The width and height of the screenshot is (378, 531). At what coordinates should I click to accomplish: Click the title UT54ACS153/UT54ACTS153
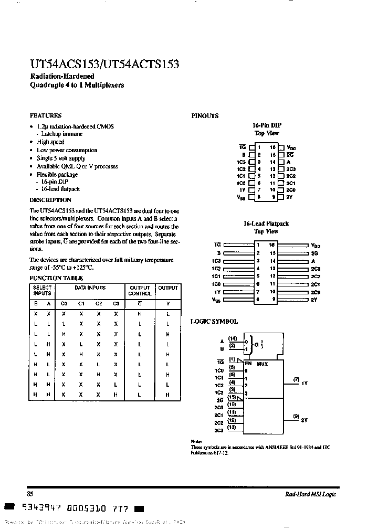[x=104, y=65]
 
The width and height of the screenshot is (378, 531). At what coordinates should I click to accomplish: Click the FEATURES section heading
[x=45, y=115]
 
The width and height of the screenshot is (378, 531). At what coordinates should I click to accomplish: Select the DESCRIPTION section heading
[x=50, y=200]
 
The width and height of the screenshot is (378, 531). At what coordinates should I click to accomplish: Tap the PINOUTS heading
[x=205, y=116]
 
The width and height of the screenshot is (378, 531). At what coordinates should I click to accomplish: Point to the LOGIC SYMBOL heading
[x=214, y=322]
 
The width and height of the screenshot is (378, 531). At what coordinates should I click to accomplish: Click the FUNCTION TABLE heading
[x=56, y=278]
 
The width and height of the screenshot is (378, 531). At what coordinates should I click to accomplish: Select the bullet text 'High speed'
[x=50, y=142]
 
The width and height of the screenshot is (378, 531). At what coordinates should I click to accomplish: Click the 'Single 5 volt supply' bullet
[x=61, y=158]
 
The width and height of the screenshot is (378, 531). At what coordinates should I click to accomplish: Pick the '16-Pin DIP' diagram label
[x=267, y=125]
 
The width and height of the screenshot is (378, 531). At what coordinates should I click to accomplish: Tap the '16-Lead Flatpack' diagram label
[x=266, y=224]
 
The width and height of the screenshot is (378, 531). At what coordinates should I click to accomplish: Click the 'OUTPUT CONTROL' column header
[x=140, y=291]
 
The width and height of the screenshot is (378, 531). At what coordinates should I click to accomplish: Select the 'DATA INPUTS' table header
[x=90, y=288]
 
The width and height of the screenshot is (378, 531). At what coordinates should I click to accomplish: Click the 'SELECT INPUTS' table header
[x=43, y=291]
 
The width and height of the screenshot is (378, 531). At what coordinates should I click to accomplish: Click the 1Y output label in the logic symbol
[x=304, y=384]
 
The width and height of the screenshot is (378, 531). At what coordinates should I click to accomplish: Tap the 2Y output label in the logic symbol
[x=304, y=420]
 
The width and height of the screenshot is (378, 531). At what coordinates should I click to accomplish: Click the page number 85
[x=30, y=494]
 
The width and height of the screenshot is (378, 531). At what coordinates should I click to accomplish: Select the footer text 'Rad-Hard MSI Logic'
[x=310, y=494]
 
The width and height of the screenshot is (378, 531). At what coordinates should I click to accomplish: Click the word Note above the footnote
[x=196, y=441]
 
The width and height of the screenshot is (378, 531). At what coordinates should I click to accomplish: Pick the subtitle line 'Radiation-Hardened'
[x=62, y=76]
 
